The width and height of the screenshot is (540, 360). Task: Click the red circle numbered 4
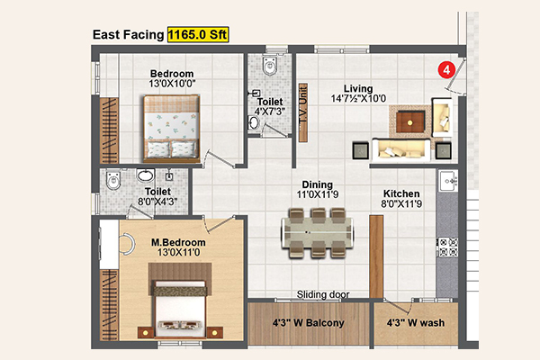pos(446,70)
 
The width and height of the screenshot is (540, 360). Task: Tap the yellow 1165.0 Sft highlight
pos(198,34)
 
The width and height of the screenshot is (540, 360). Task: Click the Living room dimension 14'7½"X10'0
pos(358,98)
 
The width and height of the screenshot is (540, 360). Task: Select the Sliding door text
pos(323,294)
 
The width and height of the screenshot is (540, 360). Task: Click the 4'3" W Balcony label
pos(308,323)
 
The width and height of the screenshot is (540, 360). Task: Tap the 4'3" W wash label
pos(415,323)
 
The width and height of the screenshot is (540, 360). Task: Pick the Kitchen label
pos(401,193)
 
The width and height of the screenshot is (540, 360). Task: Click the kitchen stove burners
pos(447,247)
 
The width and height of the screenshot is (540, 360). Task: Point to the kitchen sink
pos(448,180)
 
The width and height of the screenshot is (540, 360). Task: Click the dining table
pos(318,233)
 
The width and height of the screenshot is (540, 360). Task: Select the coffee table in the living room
pos(409,122)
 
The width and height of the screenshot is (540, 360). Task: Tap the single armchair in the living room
pos(442,117)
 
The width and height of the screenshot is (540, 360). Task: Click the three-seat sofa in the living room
pos(401,149)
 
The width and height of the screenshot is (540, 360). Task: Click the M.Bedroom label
pos(178,242)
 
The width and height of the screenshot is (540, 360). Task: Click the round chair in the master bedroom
pos(127,244)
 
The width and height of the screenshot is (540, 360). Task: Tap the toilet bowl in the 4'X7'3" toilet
pos(270,66)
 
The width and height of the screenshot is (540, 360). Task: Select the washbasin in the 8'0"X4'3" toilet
pos(145,175)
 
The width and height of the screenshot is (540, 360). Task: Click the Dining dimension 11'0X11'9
pos(318,194)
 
